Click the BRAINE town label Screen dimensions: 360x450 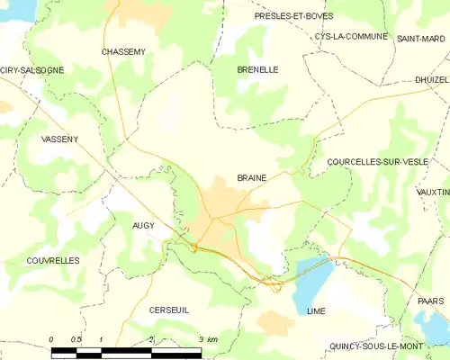tap(251, 178)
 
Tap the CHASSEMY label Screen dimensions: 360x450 tap(123, 52)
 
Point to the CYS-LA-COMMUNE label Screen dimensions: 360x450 tap(351, 37)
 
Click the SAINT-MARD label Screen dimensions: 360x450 tap(420, 38)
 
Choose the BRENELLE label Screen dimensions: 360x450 tap(257, 69)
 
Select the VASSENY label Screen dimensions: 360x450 tap(60, 139)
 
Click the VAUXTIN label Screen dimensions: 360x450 tap(433, 193)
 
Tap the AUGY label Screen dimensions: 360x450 tap(143, 225)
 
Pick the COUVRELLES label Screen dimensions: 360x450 tap(53, 260)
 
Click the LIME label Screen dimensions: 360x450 tap(315, 310)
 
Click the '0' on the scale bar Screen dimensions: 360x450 tap(51, 339)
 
